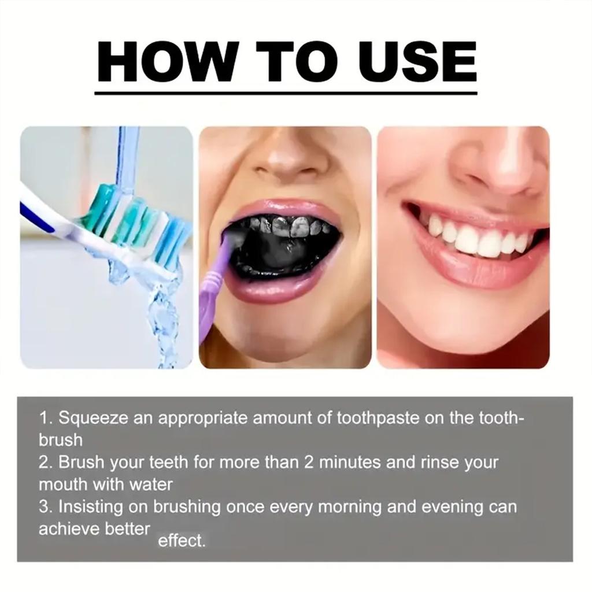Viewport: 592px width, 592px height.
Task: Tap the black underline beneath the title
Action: [286, 92]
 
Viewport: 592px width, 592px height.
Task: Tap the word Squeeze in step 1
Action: [94, 418]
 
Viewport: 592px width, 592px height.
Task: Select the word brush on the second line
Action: [60, 440]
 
